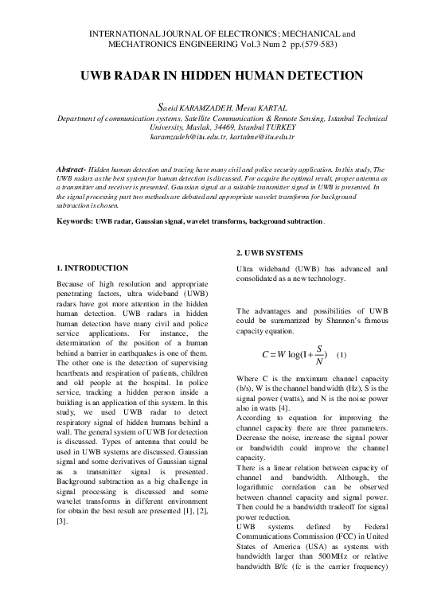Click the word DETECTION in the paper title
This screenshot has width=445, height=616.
tap(318, 76)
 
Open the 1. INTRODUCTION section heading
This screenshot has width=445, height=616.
tap(94, 267)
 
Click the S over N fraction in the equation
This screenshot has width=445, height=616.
tap(318, 353)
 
